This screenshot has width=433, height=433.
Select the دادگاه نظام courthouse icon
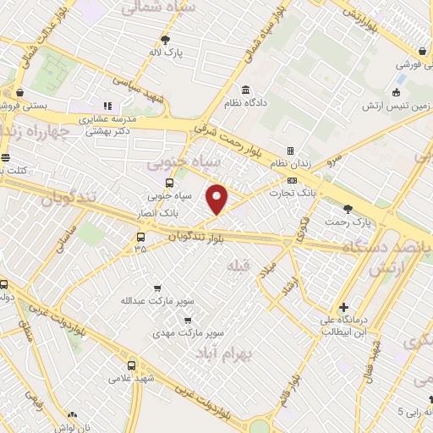245,90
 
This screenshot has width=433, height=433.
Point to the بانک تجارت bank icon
293,180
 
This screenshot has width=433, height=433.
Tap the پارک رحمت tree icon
348,208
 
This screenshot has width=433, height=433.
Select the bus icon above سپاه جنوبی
169,183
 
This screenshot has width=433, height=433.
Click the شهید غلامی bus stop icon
131,365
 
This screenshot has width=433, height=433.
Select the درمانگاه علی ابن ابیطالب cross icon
343,306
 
